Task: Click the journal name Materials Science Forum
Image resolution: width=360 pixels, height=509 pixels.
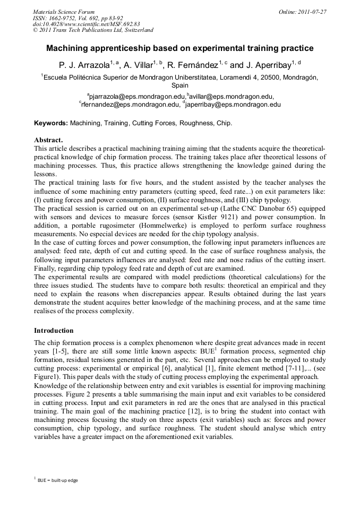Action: pyautogui.click(x=64, y=11)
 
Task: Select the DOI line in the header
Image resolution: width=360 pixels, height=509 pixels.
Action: pyautogui.click(x=86, y=24)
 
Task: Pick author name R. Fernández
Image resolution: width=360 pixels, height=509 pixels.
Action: pyautogui.click(x=192, y=66)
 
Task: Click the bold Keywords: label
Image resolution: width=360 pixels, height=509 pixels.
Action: pyautogui.click(x=51, y=123)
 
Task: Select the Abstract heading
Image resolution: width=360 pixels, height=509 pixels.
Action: pyautogui.click(x=49, y=140)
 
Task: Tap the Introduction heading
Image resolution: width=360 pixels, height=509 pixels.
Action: pyautogui.click(x=54, y=330)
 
